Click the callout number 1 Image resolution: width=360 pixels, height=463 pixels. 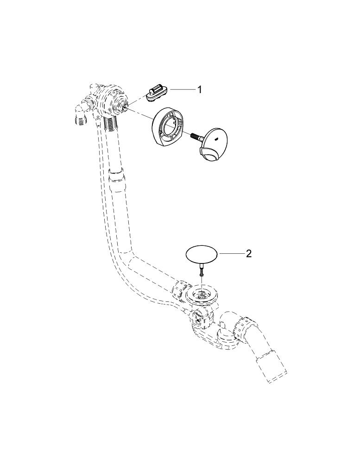tap(200, 89)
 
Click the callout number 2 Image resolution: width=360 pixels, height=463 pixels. tap(249, 254)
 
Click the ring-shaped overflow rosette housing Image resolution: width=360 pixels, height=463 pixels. tap(167, 126)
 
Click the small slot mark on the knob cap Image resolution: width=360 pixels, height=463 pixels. tap(217, 136)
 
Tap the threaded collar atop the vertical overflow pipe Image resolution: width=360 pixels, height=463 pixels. tap(111, 124)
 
